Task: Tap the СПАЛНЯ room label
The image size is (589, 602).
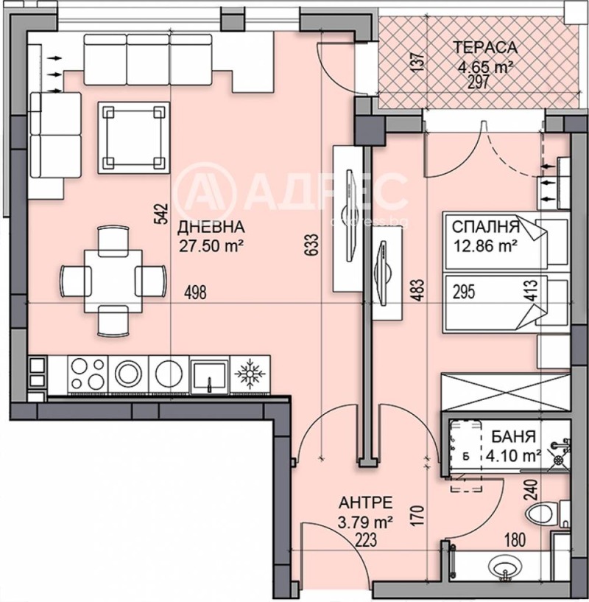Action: click(486, 226)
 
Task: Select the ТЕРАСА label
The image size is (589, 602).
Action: click(484, 49)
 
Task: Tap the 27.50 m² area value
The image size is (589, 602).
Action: click(211, 244)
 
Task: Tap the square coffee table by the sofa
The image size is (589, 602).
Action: click(133, 136)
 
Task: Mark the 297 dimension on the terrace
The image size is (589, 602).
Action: click(479, 81)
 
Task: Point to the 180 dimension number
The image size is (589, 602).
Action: click(515, 540)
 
